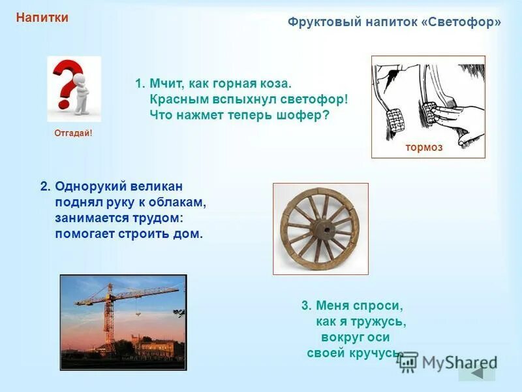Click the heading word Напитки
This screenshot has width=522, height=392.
point(42,18)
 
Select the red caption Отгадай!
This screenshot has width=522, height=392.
point(73,133)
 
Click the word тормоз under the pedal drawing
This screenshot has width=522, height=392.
point(423,148)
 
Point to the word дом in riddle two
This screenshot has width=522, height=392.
point(192,233)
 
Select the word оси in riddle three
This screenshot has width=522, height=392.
point(378,338)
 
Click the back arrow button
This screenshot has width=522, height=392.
point(477,372)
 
